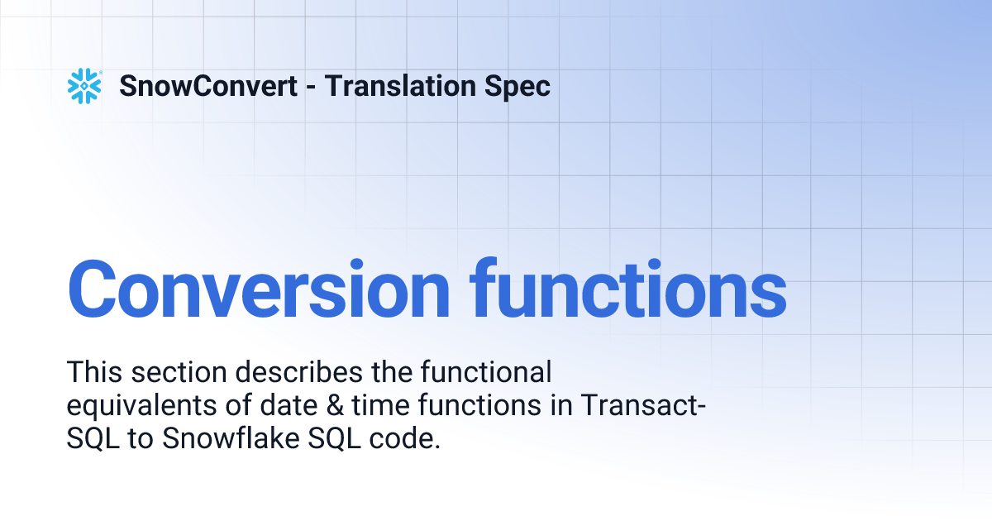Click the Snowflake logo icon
(x=83, y=86)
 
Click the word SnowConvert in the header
(x=208, y=86)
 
